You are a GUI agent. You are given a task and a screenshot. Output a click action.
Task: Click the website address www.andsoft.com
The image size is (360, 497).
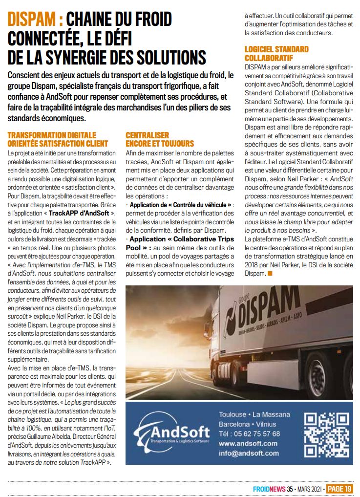click(x=248, y=443)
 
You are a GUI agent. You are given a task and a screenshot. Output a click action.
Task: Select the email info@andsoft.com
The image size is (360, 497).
click(x=249, y=453)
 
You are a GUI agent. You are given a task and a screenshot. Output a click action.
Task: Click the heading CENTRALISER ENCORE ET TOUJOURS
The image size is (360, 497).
click(x=160, y=139)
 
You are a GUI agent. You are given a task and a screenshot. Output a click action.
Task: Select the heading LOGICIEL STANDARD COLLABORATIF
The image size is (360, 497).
click(x=276, y=53)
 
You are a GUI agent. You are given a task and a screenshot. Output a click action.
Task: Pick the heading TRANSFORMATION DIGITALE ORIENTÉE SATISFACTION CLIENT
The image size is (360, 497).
click(x=58, y=139)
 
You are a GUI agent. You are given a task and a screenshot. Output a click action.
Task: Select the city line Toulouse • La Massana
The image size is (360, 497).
click(x=254, y=415)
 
